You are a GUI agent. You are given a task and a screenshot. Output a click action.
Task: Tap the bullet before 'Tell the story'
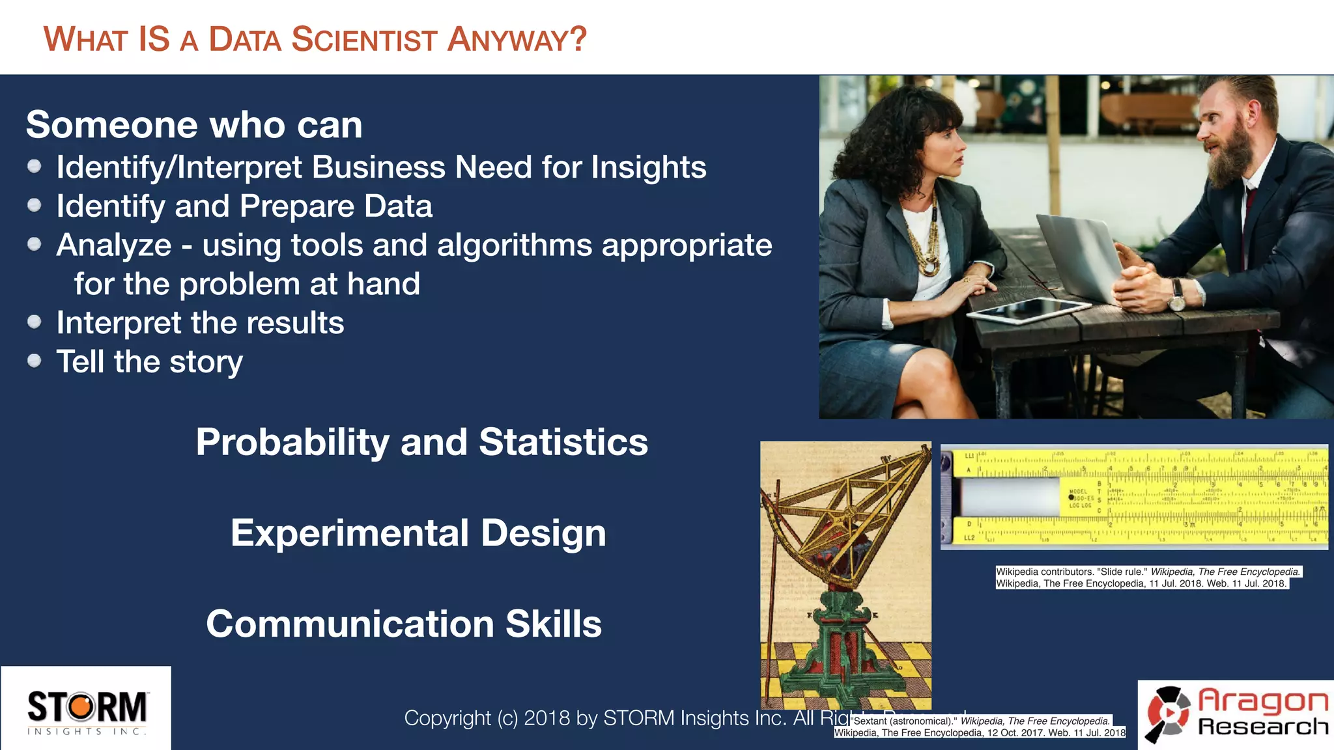coord(35,361)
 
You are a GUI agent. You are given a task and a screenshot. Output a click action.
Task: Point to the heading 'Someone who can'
coord(194,124)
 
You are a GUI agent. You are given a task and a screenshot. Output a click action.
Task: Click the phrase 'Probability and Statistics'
coord(421,442)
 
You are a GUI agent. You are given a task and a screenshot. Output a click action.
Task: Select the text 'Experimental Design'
coord(418,533)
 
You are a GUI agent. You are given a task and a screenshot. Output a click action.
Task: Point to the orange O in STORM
coord(82,708)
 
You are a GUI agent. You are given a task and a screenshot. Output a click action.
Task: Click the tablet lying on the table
coord(1028,310)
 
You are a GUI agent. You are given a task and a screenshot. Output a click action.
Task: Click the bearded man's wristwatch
coord(1176,295)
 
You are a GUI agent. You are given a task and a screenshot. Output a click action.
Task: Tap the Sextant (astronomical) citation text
coord(980,727)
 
